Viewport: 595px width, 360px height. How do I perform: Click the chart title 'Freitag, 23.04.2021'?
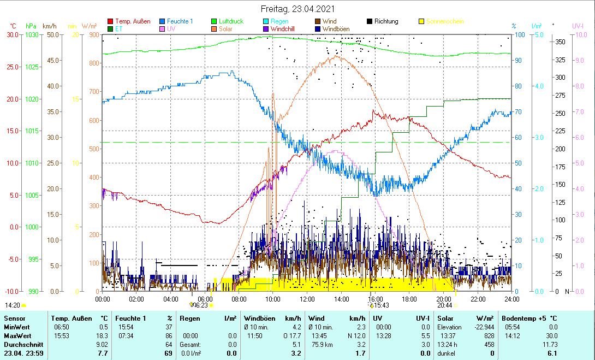(x=298, y=9)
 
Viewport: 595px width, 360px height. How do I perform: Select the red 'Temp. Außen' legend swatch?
(x=111, y=22)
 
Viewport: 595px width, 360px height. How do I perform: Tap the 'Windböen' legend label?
(x=337, y=29)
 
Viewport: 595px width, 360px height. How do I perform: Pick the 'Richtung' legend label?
(x=386, y=22)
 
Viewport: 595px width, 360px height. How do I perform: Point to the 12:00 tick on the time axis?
(x=307, y=299)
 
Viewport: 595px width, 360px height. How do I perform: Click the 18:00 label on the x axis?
(x=409, y=299)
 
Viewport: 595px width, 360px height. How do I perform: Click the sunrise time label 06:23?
(x=201, y=305)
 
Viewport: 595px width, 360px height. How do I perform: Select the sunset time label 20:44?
(x=444, y=305)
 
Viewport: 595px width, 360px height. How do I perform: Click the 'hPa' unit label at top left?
(x=31, y=26)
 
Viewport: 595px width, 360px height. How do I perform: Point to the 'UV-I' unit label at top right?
(x=578, y=26)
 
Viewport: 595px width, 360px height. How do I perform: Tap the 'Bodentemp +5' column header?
(x=525, y=318)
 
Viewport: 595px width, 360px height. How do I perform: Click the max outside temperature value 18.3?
(x=102, y=335)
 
